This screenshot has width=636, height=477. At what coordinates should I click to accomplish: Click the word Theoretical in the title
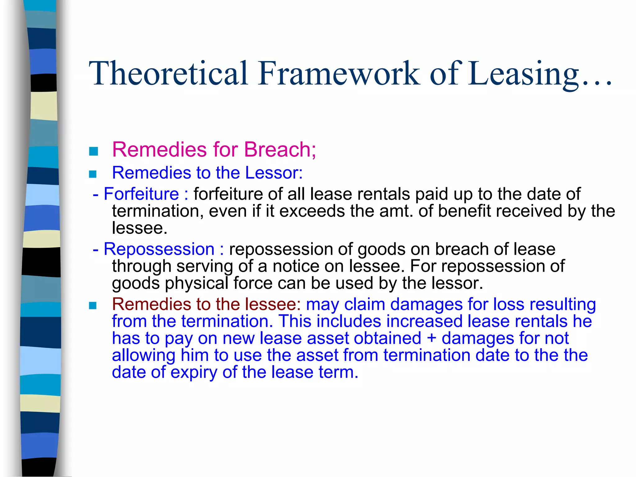[168, 73]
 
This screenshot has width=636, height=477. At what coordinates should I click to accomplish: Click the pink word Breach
[279, 149]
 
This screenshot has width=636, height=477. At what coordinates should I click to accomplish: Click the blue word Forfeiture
[141, 194]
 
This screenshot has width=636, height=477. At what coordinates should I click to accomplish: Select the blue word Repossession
[159, 249]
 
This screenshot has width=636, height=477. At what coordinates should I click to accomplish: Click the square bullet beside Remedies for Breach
[93, 152]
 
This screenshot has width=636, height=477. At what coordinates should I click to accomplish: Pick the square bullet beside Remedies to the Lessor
[93, 174]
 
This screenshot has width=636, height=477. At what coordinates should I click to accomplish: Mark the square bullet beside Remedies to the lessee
[93, 306]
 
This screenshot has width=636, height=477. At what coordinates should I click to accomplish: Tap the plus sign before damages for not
[431, 338]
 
